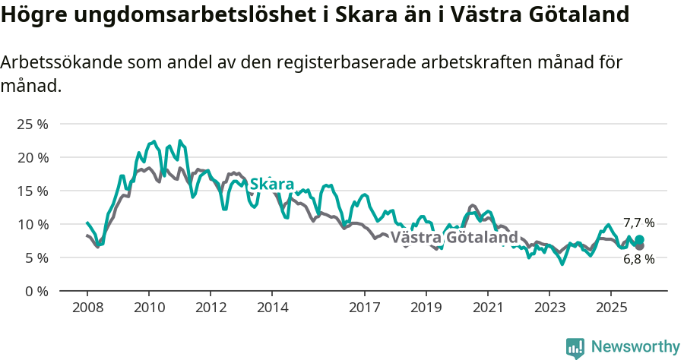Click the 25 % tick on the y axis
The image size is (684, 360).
(x=32, y=124)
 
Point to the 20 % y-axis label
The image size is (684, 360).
(x=32, y=157)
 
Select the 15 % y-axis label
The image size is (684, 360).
(x=32, y=191)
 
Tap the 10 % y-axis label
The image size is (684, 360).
(x=32, y=224)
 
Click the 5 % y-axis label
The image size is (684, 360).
(x=36, y=257)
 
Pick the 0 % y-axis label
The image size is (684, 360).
(x=36, y=291)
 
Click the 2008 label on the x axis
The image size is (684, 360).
(x=87, y=308)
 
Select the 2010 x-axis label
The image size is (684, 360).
(x=148, y=308)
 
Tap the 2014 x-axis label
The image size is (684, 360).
(x=272, y=308)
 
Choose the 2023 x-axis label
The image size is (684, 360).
(x=549, y=308)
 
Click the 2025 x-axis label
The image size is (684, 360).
(x=611, y=308)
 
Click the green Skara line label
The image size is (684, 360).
(x=271, y=185)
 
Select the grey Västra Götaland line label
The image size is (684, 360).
(x=454, y=238)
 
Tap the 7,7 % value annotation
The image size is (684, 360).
(x=638, y=223)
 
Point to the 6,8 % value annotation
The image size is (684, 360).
(x=638, y=259)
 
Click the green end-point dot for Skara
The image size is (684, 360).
(x=639, y=239)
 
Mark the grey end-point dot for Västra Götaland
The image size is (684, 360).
(x=639, y=246)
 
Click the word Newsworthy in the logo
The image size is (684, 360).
(x=635, y=346)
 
